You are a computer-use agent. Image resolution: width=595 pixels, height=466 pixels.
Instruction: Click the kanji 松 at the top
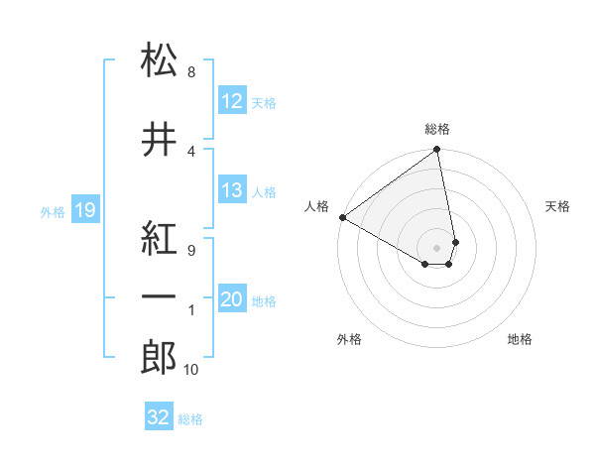pyautogui.click(x=159, y=60)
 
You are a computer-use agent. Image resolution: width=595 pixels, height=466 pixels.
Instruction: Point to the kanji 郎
pyautogui.click(x=159, y=359)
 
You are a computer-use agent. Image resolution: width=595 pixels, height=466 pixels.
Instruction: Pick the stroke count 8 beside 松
pyautogui.click(x=190, y=72)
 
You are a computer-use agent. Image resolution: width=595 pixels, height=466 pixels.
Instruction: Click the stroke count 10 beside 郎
pyautogui.click(x=191, y=370)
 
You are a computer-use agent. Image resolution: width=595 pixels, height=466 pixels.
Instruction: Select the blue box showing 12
pyautogui.click(x=232, y=101)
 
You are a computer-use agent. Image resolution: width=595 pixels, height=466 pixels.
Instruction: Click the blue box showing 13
pyautogui.click(x=232, y=190)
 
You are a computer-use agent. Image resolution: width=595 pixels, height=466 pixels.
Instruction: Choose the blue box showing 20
pyautogui.click(x=232, y=300)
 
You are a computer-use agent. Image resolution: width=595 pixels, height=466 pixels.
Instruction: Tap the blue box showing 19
pyautogui.click(x=84, y=210)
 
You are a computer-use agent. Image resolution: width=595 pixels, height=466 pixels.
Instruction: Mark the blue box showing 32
pyautogui.click(x=159, y=417)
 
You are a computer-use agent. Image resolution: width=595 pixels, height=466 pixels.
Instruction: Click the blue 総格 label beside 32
pyautogui.click(x=190, y=419)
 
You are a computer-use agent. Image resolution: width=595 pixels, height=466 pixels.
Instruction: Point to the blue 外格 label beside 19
pyautogui.click(x=53, y=211)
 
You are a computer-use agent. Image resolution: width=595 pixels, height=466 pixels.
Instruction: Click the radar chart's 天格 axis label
pyautogui.click(x=558, y=206)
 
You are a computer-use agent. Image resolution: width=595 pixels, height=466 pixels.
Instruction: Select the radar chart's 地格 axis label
pyautogui.click(x=520, y=339)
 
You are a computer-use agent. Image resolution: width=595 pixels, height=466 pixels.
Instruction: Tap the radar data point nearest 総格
pyautogui.click(x=436, y=151)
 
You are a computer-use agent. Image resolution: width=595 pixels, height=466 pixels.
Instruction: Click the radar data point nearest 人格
pyautogui.click(x=342, y=217)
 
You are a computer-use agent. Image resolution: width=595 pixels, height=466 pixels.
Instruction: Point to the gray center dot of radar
pyautogui.click(x=436, y=247)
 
